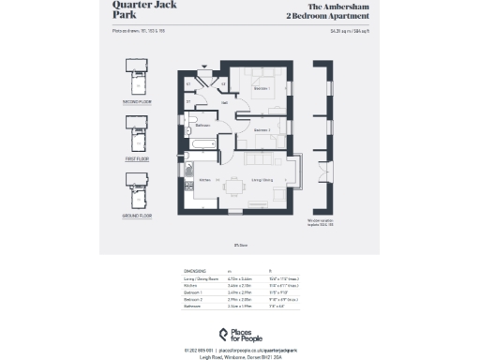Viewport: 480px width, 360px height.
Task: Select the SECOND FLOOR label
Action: tap(137, 100)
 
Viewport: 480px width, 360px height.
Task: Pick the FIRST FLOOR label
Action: tap(137, 158)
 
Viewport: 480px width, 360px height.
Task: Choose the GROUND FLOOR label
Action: tap(137, 215)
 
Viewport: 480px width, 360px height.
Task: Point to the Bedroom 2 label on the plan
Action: tap(262, 129)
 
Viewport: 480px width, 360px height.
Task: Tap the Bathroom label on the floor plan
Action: tap(202, 126)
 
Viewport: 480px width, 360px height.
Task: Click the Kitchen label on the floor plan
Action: tap(204, 179)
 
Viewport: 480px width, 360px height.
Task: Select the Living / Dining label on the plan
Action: tap(262, 178)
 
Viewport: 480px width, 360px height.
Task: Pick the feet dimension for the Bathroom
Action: tap(277, 306)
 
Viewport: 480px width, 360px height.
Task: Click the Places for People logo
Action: tap(240, 335)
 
